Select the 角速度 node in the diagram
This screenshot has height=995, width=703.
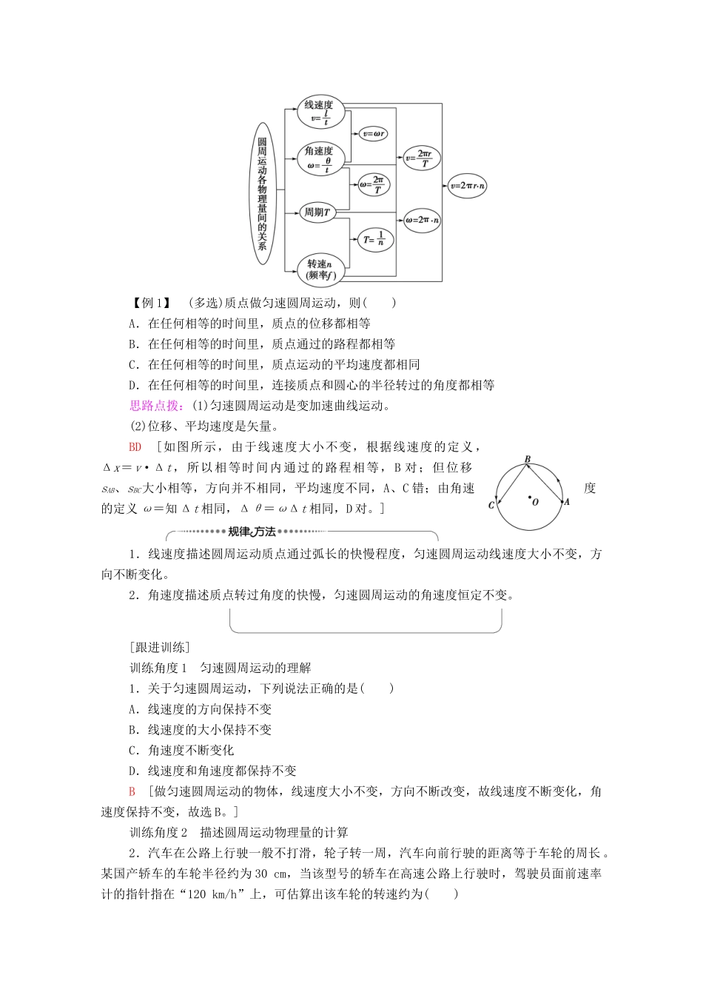coord(320,158)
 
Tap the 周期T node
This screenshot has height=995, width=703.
coord(317,212)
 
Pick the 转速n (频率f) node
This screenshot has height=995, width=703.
coord(320,269)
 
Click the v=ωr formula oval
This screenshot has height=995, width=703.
coord(373,134)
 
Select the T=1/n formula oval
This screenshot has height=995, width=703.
coord(375,238)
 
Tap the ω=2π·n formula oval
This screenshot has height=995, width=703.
coord(422,220)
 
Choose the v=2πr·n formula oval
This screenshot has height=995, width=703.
coord(468,186)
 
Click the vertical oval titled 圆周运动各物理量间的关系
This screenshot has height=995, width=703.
coord(262,194)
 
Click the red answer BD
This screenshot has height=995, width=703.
coord(135,447)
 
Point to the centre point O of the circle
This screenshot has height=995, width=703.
coord(531,498)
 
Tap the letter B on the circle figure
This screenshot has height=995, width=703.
coord(528,460)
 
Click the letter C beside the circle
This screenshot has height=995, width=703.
coord(491,505)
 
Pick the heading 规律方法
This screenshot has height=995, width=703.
coord(252,532)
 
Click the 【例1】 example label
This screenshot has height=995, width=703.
coord(151,303)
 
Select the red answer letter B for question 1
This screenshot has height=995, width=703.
coord(132,791)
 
